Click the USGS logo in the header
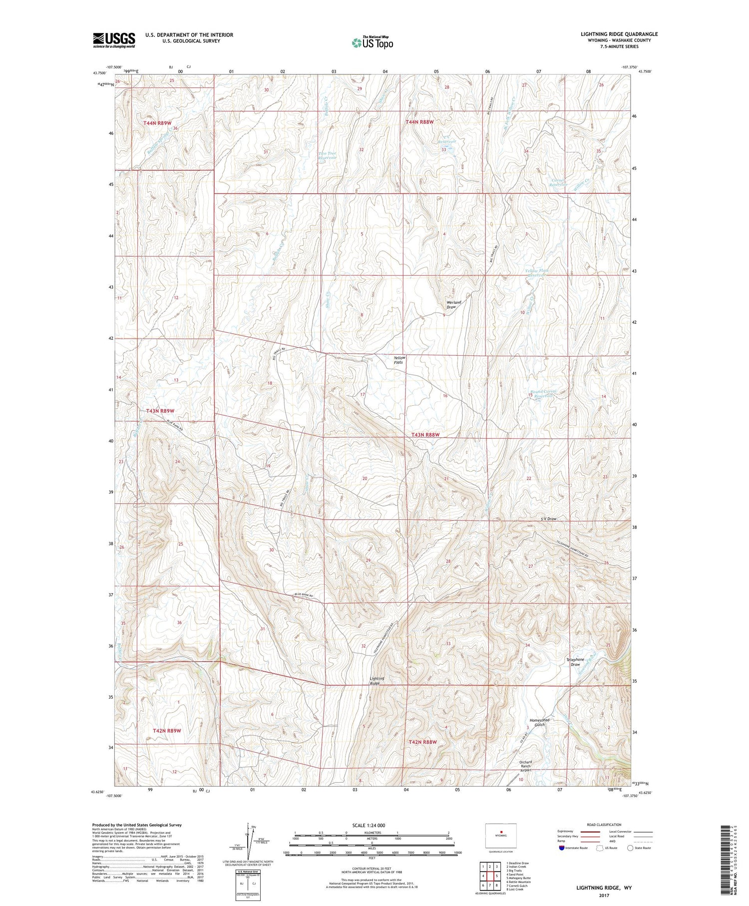[x=114, y=40]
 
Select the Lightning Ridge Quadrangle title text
[x=619, y=34]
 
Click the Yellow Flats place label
[x=399, y=360]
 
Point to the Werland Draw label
[x=453, y=304]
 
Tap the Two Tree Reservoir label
[x=328, y=155]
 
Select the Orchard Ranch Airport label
[x=525, y=766]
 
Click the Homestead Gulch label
[x=539, y=722]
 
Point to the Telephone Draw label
[x=575, y=662]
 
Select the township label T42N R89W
[x=167, y=731]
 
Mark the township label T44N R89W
[x=157, y=122]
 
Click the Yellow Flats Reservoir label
[x=537, y=273]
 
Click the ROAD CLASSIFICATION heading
[x=604, y=825]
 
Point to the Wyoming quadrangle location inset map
[x=500, y=836]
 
